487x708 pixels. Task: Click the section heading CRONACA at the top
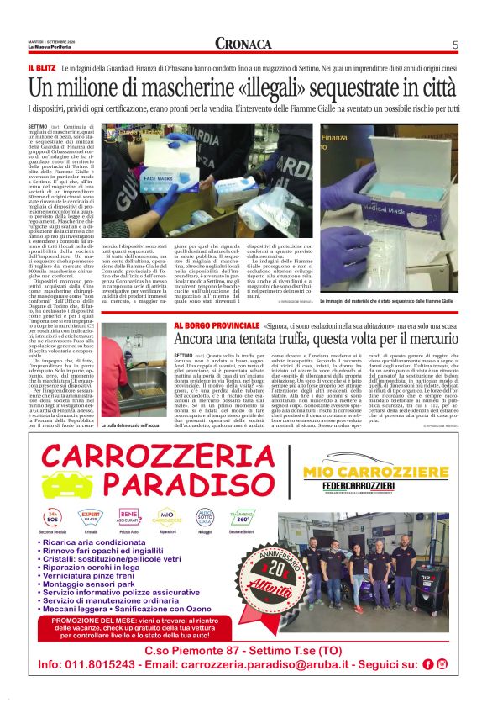pos(242,44)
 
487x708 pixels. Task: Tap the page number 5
pos(454,45)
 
